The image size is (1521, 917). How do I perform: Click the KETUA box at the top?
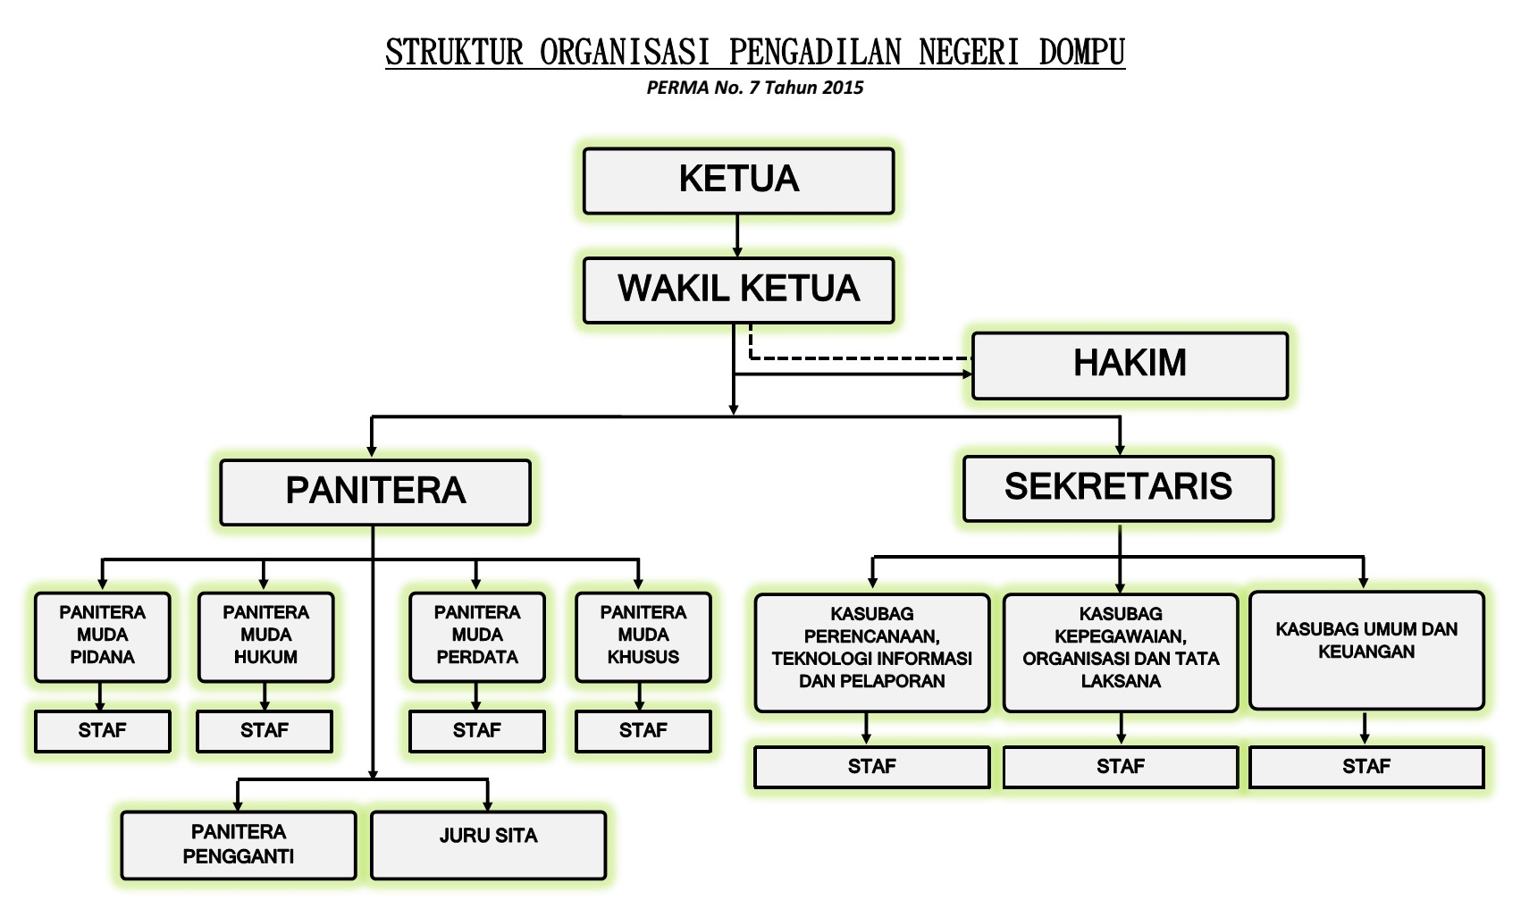tap(738, 181)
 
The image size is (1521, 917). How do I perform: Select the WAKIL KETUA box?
tap(738, 290)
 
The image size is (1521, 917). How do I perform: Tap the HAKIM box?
tap(1130, 366)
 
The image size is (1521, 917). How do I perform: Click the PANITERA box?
tap(375, 492)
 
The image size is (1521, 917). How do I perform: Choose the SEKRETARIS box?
tap(1118, 488)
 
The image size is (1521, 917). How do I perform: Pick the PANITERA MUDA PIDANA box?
tap(103, 637)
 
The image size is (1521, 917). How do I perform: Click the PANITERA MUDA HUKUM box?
tap(265, 637)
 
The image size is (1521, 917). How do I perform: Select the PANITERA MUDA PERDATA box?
tap(476, 637)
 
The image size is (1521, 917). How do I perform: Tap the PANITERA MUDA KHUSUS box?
tap(643, 637)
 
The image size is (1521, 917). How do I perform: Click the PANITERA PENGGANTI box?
tap(239, 845)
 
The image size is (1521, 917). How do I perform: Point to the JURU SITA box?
tap(488, 845)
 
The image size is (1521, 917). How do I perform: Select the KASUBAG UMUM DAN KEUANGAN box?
tap(1366, 651)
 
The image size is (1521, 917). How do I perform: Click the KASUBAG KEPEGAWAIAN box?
tap(1121, 652)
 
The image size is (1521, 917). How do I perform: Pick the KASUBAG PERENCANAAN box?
tap(872, 652)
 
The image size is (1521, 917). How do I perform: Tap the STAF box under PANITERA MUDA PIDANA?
tap(102, 732)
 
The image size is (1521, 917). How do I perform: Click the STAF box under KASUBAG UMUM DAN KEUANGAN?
tap(1366, 768)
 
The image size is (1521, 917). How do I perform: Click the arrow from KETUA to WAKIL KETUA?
tap(737, 236)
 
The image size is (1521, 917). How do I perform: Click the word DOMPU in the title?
tap(1081, 53)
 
